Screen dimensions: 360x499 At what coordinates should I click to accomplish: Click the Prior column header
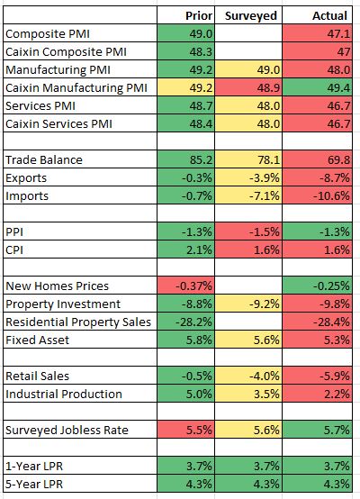199,15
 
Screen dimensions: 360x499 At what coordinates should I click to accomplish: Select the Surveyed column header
251,15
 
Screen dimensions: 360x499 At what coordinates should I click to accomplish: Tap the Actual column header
329,15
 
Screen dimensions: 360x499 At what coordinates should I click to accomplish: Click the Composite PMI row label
48,33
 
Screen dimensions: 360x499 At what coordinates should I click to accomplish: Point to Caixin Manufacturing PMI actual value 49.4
338,87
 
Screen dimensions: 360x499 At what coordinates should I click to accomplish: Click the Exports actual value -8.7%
335,177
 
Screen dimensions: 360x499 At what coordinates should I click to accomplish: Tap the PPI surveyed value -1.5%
265,231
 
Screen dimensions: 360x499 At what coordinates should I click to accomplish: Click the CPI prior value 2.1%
199,249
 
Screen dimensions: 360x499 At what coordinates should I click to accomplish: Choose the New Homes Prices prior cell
186,286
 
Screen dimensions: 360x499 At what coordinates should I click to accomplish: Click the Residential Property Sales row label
78,322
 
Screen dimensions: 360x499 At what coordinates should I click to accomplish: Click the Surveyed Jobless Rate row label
67,430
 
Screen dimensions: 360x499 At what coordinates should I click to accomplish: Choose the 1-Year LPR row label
34,466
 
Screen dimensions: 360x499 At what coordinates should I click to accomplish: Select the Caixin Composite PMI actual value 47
344,51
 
